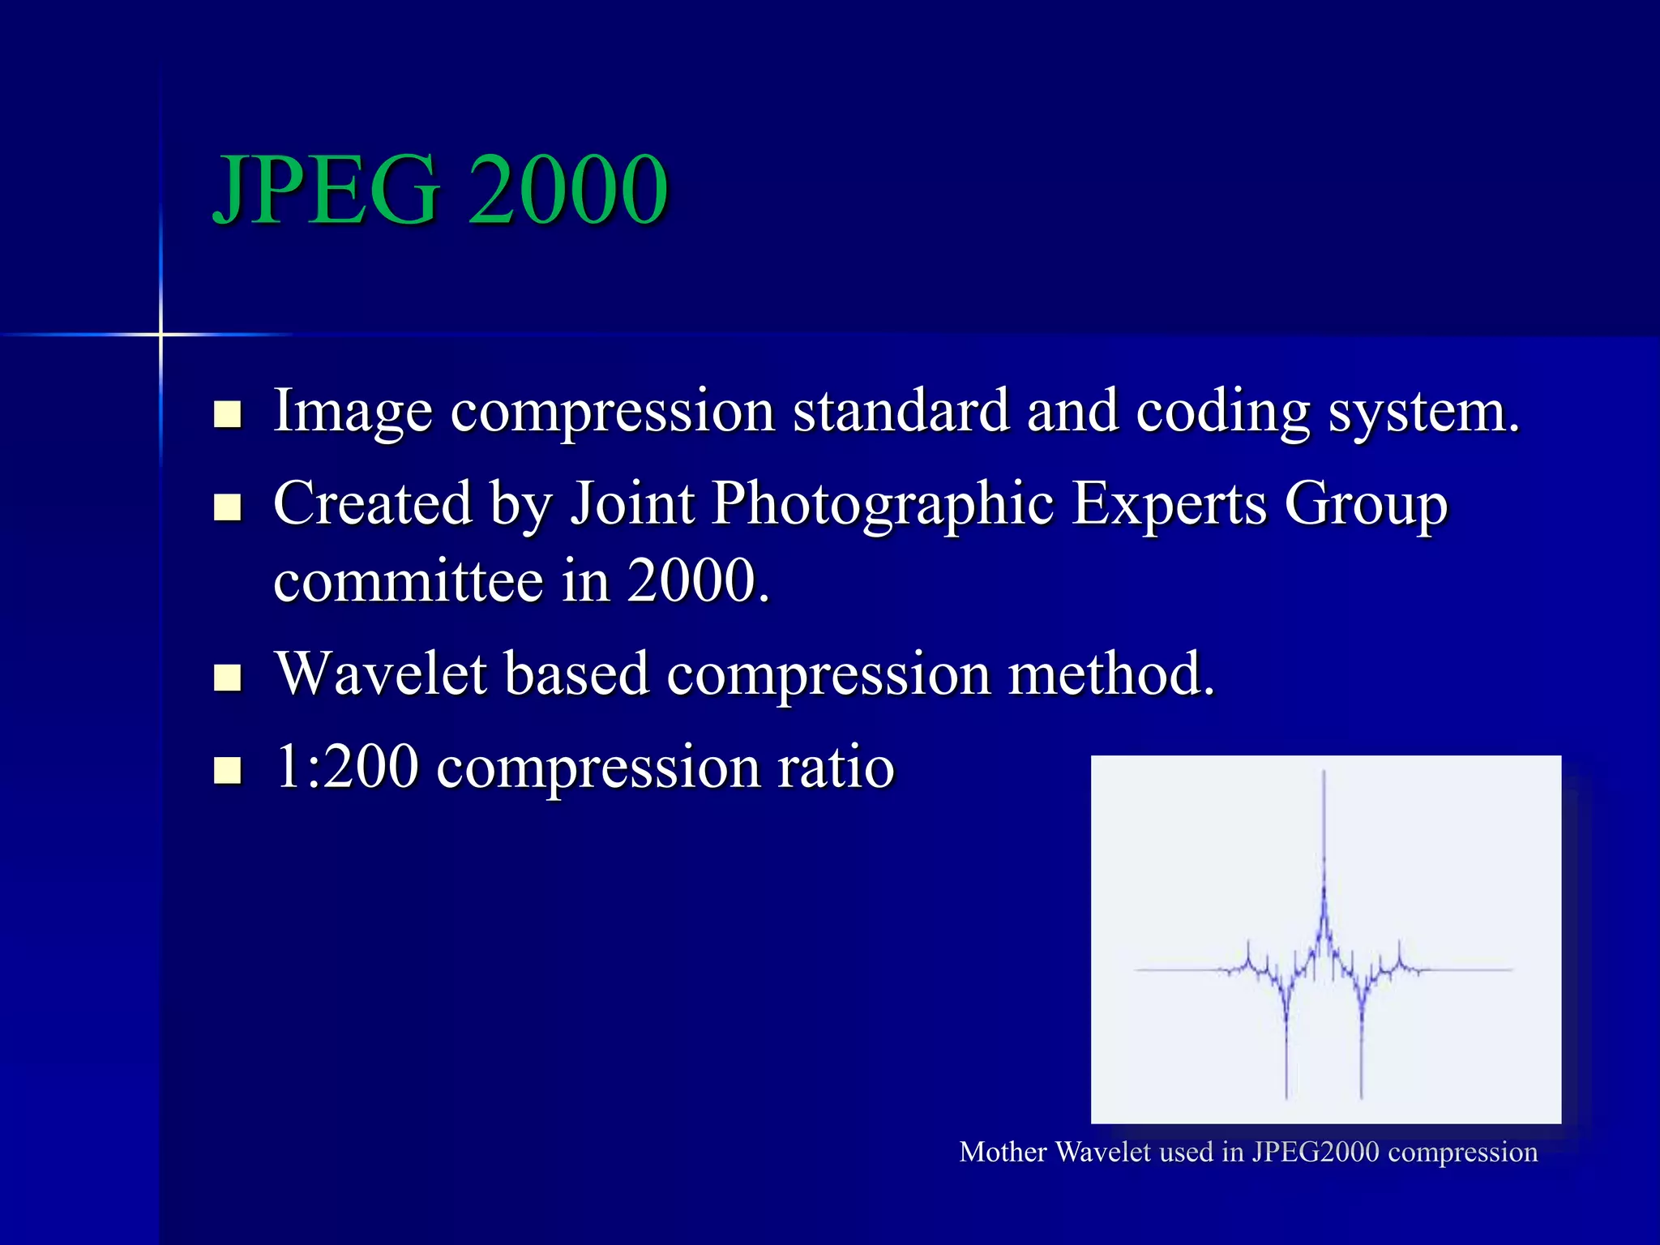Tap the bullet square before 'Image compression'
click(x=228, y=414)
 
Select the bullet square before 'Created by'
click(x=228, y=507)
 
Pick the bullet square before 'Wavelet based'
click(x=228, y=677)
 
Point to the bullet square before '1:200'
click(x=228, y=770)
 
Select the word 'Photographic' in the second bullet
click(x=883, y=504)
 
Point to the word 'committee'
click(x=408, y=581)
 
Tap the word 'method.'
click(x=1111, y=674)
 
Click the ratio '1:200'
click(x=347, y=766)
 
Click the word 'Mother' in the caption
click(x=1003, y=1152)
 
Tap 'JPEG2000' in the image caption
click(x=1316, y=1152)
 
